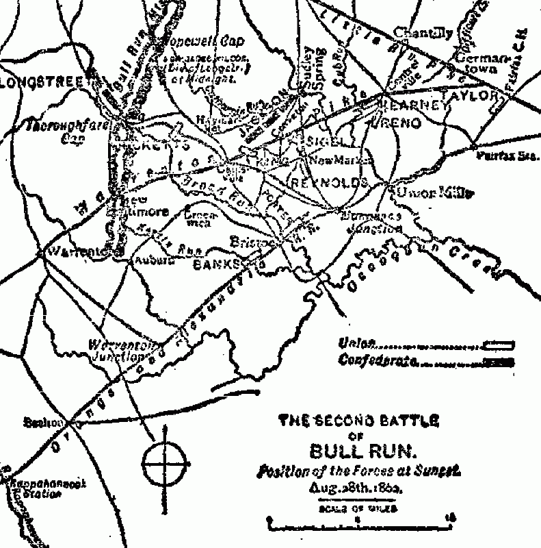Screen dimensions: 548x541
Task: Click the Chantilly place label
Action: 423,32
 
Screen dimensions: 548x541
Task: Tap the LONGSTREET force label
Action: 41,83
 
